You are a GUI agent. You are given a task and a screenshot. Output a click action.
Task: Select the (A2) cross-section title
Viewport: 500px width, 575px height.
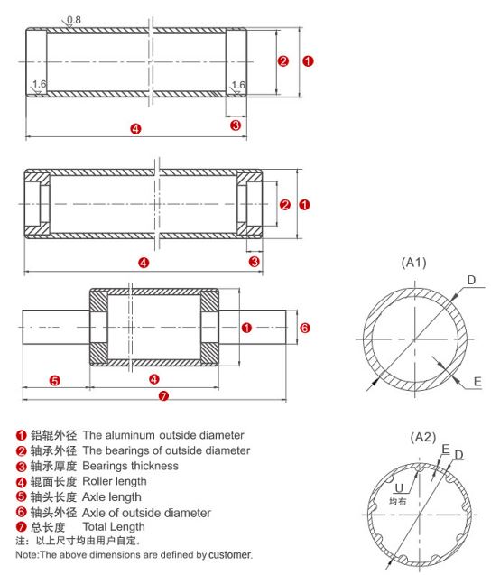pos(422,436)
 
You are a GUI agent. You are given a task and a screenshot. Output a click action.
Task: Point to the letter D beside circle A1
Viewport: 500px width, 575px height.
pos(470,280)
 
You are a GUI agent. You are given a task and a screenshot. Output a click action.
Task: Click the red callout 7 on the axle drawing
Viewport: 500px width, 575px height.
pos(162,395)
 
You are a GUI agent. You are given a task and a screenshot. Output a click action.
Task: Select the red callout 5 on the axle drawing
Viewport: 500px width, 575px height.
pos(54,380)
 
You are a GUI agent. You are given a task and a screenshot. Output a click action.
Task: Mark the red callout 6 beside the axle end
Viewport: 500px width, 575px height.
pos(304,328)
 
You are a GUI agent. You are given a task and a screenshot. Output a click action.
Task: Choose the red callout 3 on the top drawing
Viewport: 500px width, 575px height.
pos(236,125)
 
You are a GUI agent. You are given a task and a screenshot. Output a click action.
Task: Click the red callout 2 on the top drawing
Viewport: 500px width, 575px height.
pos(282,61)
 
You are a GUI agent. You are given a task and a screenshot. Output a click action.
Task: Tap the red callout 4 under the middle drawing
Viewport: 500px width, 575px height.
pos(143,262)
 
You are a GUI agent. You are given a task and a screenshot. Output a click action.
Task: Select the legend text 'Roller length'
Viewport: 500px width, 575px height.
pos(120,481)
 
